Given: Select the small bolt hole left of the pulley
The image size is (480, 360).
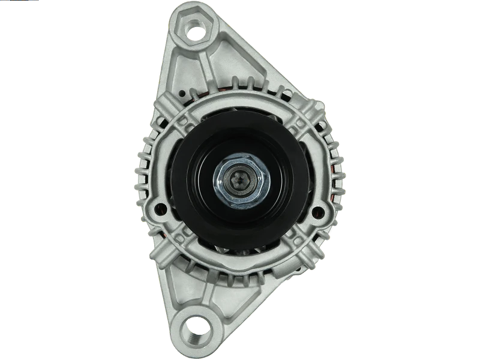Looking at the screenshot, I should pyautogui.click(x=160, y=209).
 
